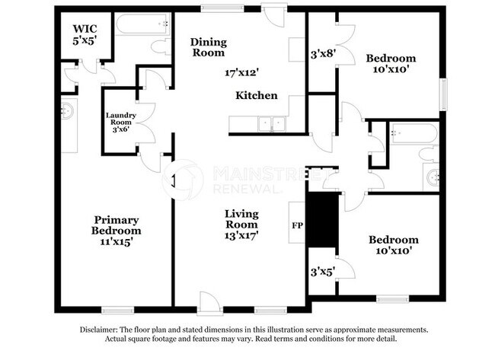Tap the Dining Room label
click(x=208, y=47)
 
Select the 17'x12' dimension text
click(x=242, y=73)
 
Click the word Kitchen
click(x=256, y=96)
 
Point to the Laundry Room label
click(x=121, y=122)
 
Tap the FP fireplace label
click(x=297, y=226)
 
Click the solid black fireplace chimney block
click(x=321, y=219)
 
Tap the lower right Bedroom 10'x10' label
click(x=393, y=246)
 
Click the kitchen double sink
click(x=270, y=124)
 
